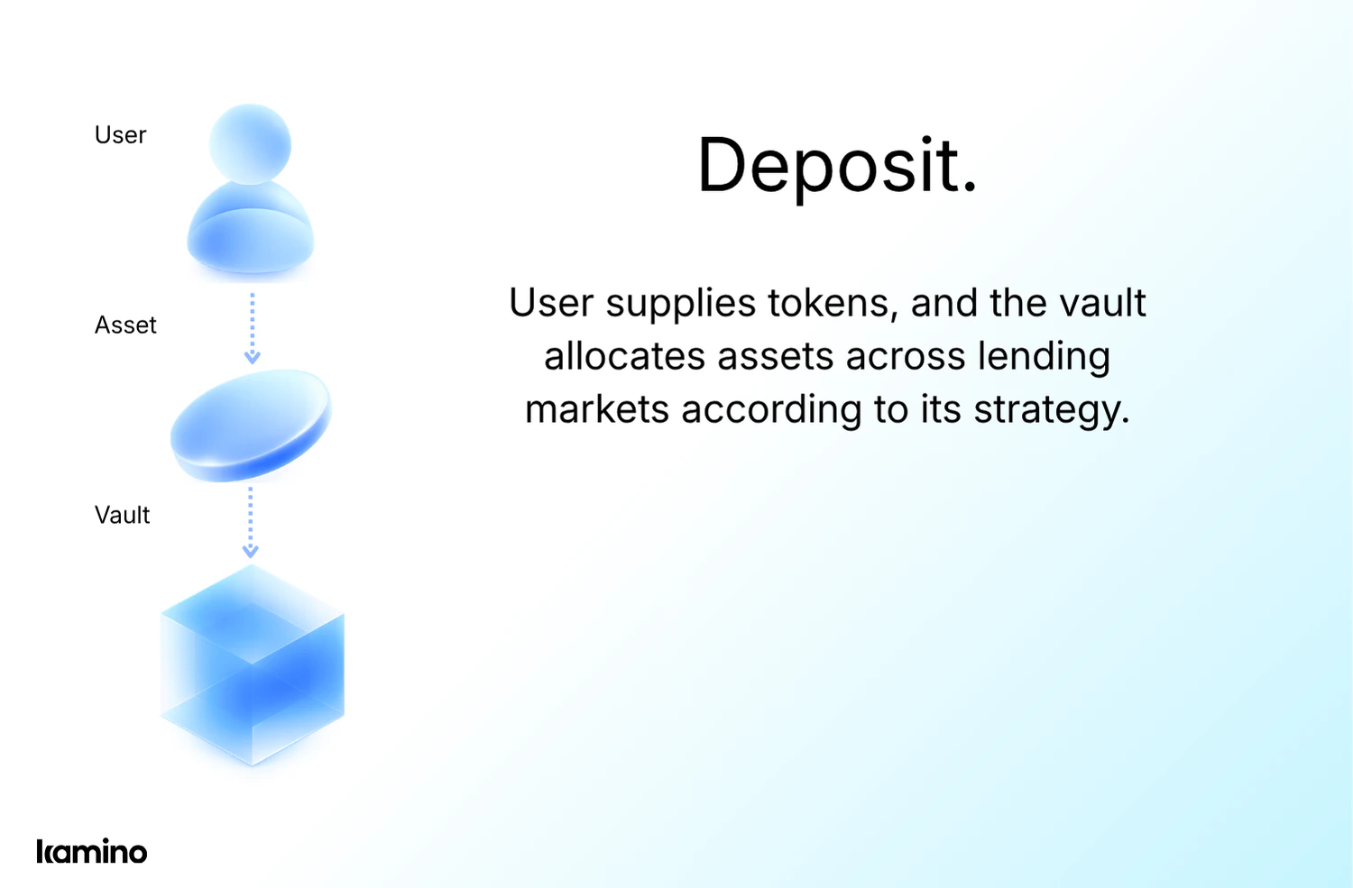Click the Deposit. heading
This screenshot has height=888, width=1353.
click(837, 166)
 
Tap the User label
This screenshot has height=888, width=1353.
click(120, 135)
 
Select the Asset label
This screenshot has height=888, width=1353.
click(125, 325)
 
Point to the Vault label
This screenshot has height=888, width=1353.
click(122, 516)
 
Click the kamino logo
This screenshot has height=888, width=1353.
click(91, 851)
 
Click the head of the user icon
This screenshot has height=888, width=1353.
click(250, 144)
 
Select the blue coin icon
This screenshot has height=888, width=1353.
click(251, 425)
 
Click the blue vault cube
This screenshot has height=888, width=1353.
click(253, 665)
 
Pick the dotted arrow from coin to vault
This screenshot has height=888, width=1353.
click(251, 522)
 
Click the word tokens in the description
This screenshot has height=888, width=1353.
click(833, 303)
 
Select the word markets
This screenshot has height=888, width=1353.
click(596, 409)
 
